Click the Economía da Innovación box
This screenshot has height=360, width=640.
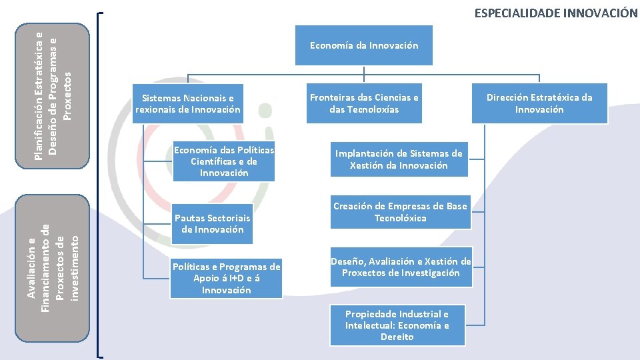(364, 45)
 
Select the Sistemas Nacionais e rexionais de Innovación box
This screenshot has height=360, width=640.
(187, 103)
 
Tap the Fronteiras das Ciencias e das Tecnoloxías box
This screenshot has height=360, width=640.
(364, 103)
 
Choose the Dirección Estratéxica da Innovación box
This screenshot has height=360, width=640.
(539, 103)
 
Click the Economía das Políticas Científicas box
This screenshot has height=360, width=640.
(223, 161)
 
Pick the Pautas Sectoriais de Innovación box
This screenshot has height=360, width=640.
(213, 223)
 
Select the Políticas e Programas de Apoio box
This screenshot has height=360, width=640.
(226, 278)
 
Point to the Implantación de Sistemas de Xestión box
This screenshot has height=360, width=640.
(398, 159)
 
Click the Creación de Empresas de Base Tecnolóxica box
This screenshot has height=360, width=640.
(400, 212)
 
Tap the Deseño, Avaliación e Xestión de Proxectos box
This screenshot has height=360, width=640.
(401, 267)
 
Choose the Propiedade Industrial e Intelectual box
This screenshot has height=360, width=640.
(397, 325)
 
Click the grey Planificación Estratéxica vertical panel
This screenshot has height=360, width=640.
(53, 95)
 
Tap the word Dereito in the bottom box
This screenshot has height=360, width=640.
(397, 337)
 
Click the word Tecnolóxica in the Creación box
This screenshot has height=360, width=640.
(400, 218)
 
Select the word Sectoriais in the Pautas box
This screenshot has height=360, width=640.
(228, 218)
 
